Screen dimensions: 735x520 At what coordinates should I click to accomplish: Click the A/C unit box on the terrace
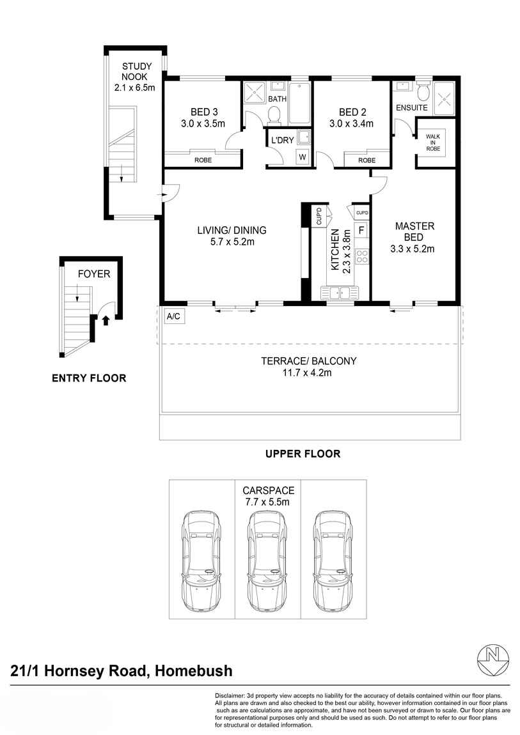click(173, 316)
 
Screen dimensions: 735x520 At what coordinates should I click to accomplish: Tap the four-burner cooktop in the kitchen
click(362, 256)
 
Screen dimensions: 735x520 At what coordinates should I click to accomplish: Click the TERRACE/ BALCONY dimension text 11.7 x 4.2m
click(308, 373)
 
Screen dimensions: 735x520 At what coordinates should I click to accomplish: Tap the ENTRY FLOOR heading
click(89, 378)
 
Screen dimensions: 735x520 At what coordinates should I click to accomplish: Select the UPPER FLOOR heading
click(303, 454)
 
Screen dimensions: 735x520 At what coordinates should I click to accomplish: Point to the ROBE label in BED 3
click(203, 160)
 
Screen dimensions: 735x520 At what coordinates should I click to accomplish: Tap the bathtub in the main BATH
click(299, 103)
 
